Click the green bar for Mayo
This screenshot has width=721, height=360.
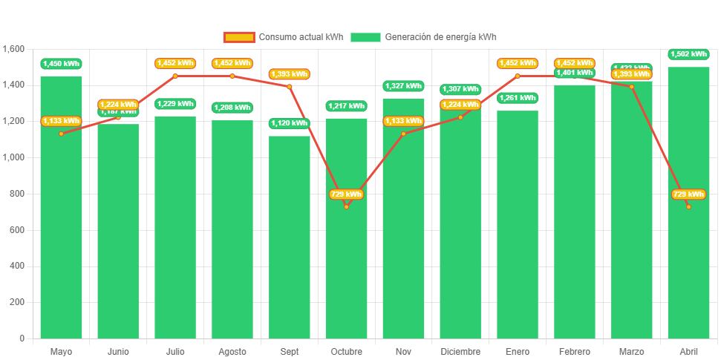[61, 223]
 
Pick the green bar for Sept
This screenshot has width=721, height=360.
[290, 238]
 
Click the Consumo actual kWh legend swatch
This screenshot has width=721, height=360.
[238, 37]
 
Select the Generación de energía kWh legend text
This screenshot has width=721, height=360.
[441, 37]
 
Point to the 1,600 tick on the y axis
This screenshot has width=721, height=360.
[14, 49]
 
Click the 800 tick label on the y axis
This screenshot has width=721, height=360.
[18, 194]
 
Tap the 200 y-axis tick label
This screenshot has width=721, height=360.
[18, 302]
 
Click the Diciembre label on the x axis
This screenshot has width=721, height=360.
[460, 351]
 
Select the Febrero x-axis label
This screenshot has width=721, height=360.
[575, 351]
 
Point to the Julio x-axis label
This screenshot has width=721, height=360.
[175, 351]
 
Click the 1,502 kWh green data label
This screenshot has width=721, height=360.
[688, 54]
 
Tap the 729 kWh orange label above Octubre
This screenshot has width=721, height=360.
[346, 194]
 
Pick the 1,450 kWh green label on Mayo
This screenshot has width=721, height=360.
[61, 64]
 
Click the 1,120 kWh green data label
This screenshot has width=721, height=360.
[290, 123]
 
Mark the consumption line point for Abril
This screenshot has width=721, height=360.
[688, 206]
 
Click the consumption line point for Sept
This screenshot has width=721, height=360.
[290, 86]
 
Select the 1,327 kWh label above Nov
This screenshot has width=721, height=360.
[403, 86]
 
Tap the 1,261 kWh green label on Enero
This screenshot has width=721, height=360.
[518, 98]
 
